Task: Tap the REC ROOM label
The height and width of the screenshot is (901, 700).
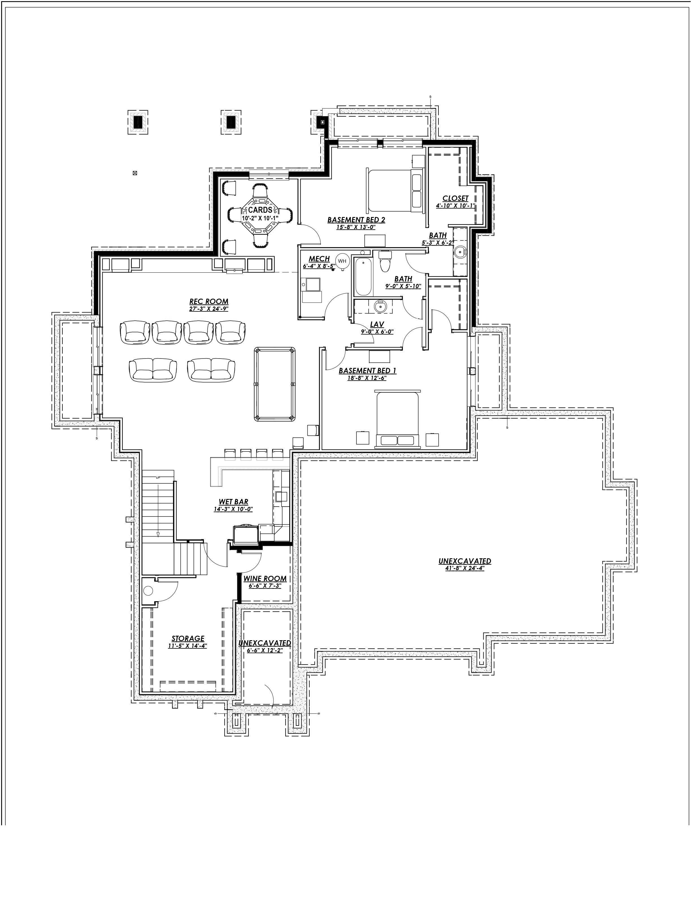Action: (209, 301)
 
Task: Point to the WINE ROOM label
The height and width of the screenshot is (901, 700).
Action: (265, 579)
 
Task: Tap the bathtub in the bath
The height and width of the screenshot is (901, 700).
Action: (363, 276)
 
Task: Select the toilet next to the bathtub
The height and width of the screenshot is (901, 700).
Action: (385, 262)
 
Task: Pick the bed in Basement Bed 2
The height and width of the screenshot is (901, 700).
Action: (395, 190)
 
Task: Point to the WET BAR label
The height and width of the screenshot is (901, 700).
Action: (233, 502)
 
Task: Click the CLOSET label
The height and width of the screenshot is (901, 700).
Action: (455, 198)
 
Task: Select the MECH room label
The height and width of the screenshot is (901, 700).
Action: (319, 259)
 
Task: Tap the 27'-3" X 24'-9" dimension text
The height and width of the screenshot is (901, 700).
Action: (209, 309)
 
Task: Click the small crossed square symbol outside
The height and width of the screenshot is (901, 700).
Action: (134, 173)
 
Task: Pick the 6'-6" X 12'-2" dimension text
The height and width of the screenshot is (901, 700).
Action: (264, 650)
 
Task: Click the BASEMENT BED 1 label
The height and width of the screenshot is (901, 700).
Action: (367, 371)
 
